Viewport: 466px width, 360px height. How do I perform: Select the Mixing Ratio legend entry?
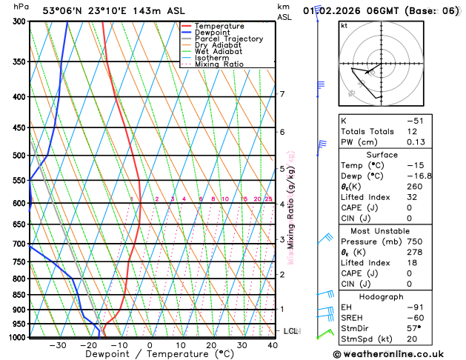pyautogui.click(x=219, y=64)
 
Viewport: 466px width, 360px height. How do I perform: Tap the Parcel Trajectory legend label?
pyautogui.click(x=228, y=39)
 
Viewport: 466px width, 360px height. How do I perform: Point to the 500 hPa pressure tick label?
pyautogui.click(x=20, y=156)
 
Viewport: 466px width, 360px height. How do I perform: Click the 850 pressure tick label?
pyautogui.click(x=20, y=295)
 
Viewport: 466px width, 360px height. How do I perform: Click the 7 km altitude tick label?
pyautogui.click(x=282, y=94)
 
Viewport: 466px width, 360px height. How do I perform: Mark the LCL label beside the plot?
pyautogui.click(x=290, y=331)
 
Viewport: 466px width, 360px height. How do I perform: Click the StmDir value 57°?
pyautogui.click(x=413, y=327)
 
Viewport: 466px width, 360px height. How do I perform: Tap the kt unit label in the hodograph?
pyautogui.click(x=344, y=25)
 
